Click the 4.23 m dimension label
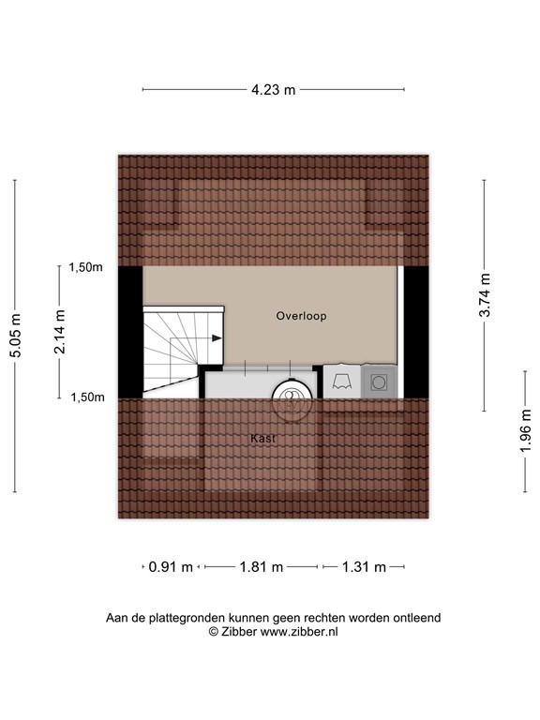pyautogui.click(x=273, y=90)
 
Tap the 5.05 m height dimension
pyautogui.click(x=16, y=336)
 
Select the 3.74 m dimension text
pyautogui.click(x=485, y=295)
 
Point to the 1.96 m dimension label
pyautogui.click(x=525, y=430)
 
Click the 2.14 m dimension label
pyautogui.click(x=59, y=332)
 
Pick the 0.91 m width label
pyautogui.click(x=171, y=567)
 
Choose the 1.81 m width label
pyautogui.click(x=262, y=567)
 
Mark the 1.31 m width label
pyautogui.click(x=364, y=567)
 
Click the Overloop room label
pyautogui.click(x=301, y=316)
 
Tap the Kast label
pyautogui.click(x=263, y=439)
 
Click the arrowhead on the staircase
pyautogui.click(x=217, y=338)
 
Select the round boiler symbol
pyautogui.click(x=292, y=398)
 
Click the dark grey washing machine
pyautogui.click(x=379, y=382)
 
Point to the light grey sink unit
pyautogui.click(x=342, y=382)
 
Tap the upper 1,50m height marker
pyautogui.click(x=86, y=267)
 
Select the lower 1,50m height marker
pyautogui.click(x=87, y=397)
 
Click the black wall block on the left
pyautogui.click(x=130, y=332)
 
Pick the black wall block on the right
pyautogui.click(x=416, y=332)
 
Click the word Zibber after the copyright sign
pyautogui.click(x=239, y=632)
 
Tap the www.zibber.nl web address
pyautogui.click(x=299, y=632)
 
